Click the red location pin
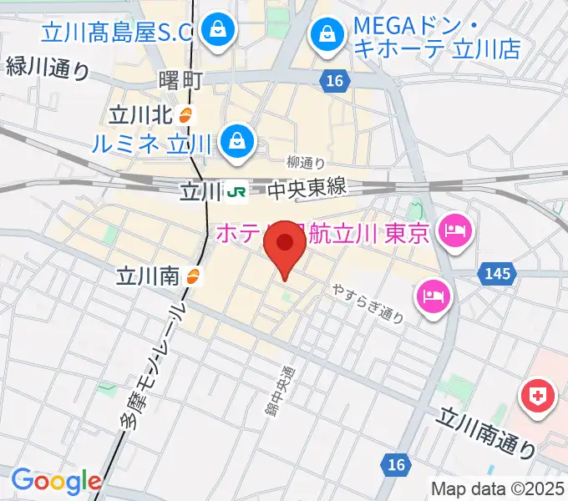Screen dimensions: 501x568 pyautogui.click(x=285, y=245)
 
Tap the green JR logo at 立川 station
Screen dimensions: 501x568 pyautogui.click(x=236, y=192)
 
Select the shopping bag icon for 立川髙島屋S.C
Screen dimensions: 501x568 pyautogui.click(x=218, y=33)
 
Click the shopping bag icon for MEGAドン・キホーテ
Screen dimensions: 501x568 pyautogui.click(x=325, y=36)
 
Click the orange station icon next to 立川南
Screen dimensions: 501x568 pyautogui.click(x=193, y=276)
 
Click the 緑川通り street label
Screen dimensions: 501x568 pyautogui.click(x=47, y=67)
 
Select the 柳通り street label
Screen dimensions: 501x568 pyautogui.click(x=305, y=163)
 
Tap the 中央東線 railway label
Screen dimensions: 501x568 pyautogui.click(x=307, y=190)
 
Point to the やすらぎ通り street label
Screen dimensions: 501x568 pyautogui.click(x=368, y=301)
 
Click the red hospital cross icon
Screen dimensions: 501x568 pyautogui.click(x=540, y=395)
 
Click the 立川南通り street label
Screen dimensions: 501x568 pyautogui.click(x=488, y=431)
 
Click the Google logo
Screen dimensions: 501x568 pyautogui.click(x=56, y=482)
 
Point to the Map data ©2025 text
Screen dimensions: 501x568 pyautogui.click(x=498, y=488)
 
